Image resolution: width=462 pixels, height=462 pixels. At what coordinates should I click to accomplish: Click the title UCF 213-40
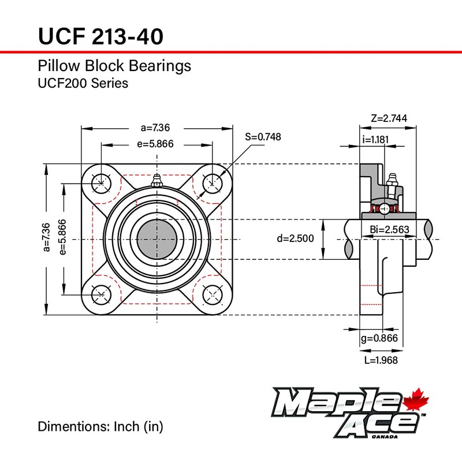pyautogui.click(x=100, y=36)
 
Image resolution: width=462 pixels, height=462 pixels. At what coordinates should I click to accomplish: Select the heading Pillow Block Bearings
pyautogui.click(x=114, y=66)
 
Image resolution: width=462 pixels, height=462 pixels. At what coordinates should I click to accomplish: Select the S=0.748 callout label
pyautogui.click(x=263, y=137)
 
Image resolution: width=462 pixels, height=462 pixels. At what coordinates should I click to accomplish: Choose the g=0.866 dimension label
pyautogui.click(x=379, y=338)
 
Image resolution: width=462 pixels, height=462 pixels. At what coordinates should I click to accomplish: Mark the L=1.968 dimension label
pyautogui.click(x=381, y=360)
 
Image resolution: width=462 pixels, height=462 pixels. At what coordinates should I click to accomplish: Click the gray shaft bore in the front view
pyautogui.click(x=157, y=238)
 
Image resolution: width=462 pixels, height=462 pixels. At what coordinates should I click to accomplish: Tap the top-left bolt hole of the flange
pyautogui.click(x=101, y=183)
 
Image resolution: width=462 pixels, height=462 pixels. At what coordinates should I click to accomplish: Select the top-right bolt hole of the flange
pyautogui.click(x=213, y=183)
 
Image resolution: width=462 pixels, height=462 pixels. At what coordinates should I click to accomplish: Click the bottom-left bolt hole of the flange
pyautogui.click(x=101, y=294)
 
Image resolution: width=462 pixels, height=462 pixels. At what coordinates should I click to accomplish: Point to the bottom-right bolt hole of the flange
pyautogui.click(x=213, y=294)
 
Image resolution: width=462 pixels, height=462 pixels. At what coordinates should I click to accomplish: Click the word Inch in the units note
pyautogui.click(x=124, y=427)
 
